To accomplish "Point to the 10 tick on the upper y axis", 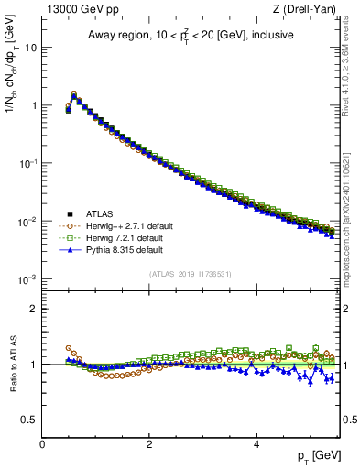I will coord(31,47).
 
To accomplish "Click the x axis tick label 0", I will coord(42,444).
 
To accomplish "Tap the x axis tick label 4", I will coord(256,444).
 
